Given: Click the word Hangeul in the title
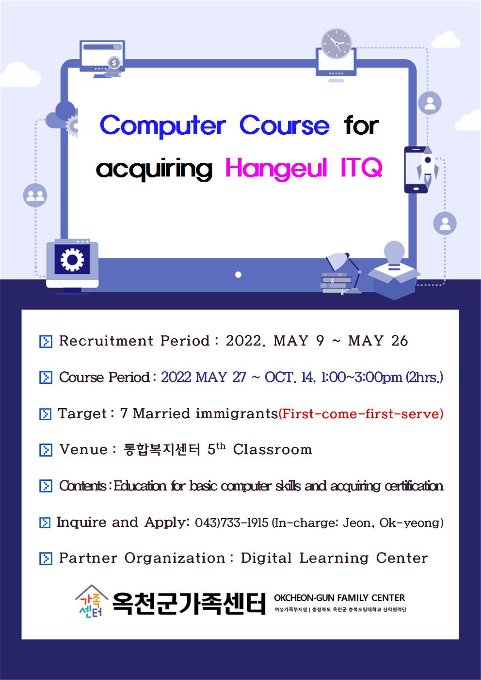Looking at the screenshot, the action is tap(276, 169).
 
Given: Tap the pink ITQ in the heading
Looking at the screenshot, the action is tap(361, 167).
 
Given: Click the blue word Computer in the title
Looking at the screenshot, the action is tap(163, 126).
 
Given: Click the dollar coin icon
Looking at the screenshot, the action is tap(114, 63).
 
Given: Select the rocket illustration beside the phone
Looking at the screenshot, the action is tap(428, 166).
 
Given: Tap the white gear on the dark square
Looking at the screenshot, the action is tap(72, 260).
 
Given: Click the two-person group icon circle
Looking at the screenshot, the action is tap(35, 195).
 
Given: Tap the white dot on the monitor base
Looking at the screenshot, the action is tap(239, 275).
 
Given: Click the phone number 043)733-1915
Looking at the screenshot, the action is tap(232, 523).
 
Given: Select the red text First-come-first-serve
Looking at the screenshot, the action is tap(361, 414).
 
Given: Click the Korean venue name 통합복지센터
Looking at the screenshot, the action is tap(161, 450).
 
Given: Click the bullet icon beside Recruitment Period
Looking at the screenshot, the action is tap(46, 342).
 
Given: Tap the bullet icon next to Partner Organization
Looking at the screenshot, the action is tap(46, 558).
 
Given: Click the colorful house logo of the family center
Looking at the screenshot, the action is tap(92, 601).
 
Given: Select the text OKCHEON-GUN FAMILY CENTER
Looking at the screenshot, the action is tap(339, 598).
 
